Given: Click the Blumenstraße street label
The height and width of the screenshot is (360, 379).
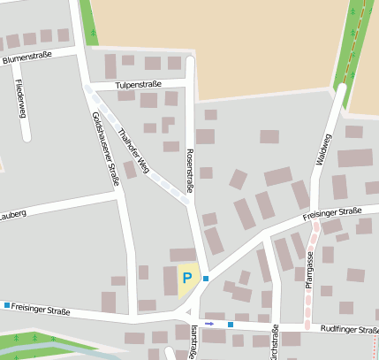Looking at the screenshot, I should point(27,57).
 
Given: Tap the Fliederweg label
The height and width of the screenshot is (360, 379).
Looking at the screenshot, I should point(19,98).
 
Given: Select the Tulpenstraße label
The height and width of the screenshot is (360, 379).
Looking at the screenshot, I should point(139,85).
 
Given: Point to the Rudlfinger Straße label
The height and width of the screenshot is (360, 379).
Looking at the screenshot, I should point(349,327).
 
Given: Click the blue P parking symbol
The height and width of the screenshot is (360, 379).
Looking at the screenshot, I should point(186,278).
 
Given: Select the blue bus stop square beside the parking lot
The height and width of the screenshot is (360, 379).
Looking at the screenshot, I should point(206,279).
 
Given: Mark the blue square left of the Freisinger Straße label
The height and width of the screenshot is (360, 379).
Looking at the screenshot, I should point(7,305).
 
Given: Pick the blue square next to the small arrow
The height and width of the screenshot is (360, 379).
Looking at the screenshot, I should point(230,325).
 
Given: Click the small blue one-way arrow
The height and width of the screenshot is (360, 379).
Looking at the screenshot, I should point(210,324).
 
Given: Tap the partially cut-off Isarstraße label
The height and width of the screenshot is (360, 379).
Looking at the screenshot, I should point(193,343).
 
